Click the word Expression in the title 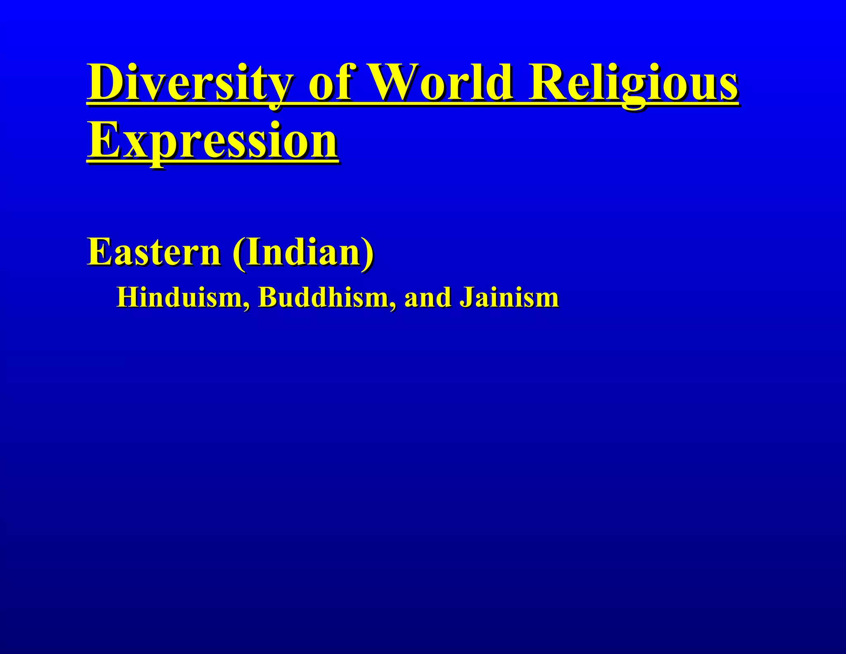(212, 140)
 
